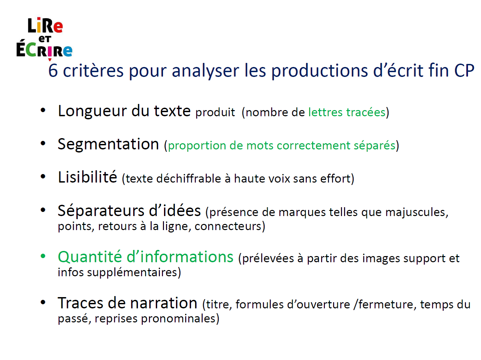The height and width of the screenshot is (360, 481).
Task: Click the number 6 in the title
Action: (53, 70)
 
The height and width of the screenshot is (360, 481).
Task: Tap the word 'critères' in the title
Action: (93, 70)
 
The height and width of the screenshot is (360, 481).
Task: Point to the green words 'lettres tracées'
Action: (347, 112)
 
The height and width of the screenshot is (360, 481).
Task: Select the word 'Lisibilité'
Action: (87, 177)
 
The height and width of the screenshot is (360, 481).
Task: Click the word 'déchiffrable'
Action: (189, 178)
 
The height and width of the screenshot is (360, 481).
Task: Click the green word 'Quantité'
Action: (90, 257)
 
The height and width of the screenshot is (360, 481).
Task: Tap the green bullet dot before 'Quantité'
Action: (43, 256)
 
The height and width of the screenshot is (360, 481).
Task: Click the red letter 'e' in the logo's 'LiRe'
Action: (58, 27)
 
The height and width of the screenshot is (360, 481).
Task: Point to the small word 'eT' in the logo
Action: (45, 39)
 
